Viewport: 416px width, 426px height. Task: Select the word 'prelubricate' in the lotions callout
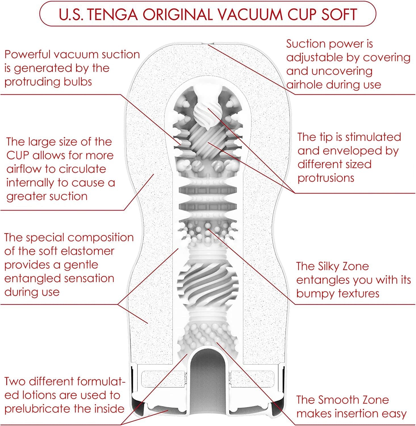tap(38, 409)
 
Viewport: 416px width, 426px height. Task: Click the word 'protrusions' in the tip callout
tap(326, 178)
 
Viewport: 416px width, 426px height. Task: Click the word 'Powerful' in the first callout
tap(27, 54)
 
